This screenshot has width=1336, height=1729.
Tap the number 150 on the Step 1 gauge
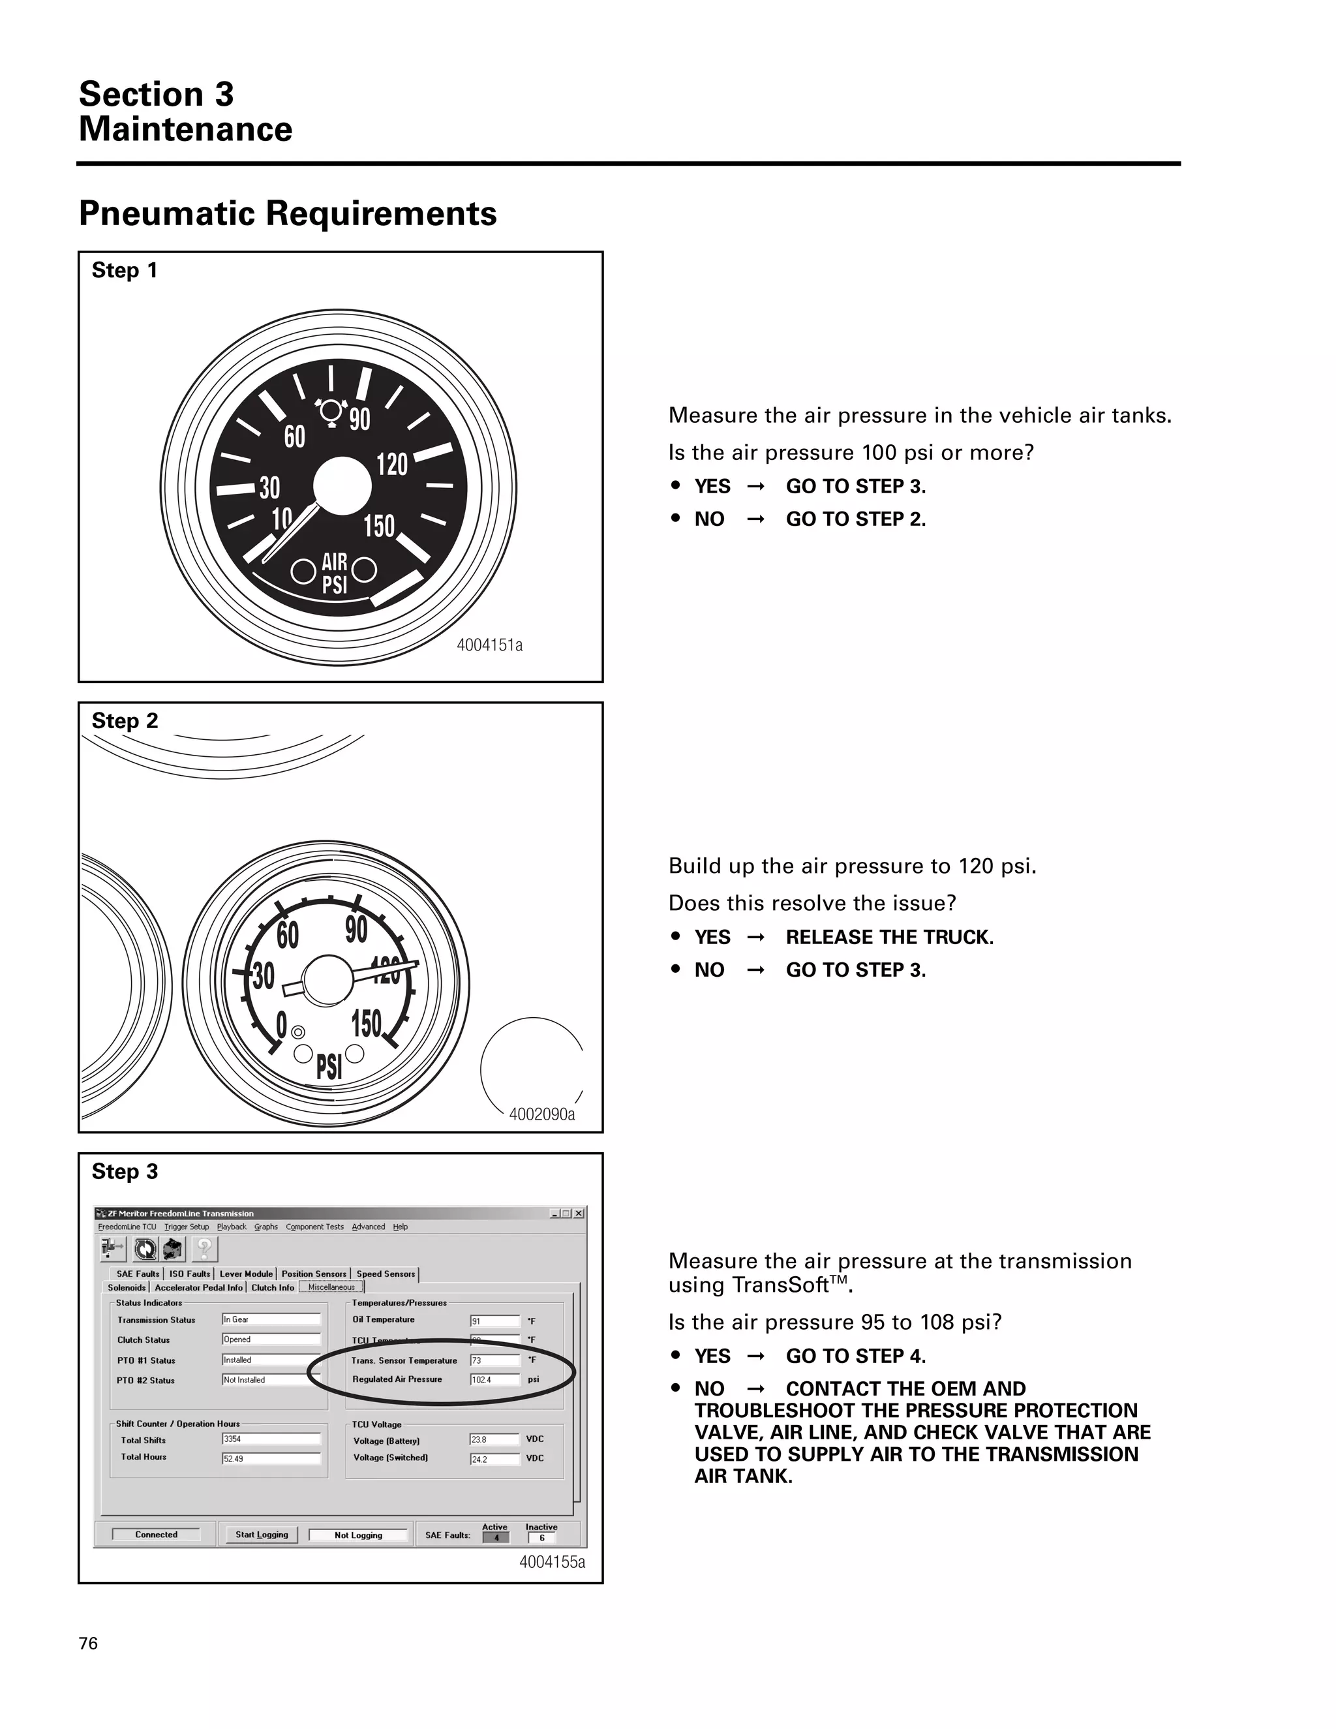point(378,526)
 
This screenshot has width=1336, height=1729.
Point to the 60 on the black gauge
point(294,436)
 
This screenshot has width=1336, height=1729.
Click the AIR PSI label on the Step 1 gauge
point(335,573)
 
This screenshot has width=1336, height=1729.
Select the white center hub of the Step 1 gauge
point(342,486)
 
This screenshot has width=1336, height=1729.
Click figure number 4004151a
point(489,645)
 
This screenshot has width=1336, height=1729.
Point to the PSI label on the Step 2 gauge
point(329,1066)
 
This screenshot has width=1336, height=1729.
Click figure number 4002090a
point(541,1114)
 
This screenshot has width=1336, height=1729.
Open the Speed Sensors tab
point(386,1274)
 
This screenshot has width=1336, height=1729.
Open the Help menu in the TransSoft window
point(401,1227)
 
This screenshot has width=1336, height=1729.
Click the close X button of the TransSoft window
point(579,1214)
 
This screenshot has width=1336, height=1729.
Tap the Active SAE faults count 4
point(496,1537)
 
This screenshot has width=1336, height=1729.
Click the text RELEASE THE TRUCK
point(889,938)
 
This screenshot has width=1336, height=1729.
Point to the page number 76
point(89,1644)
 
